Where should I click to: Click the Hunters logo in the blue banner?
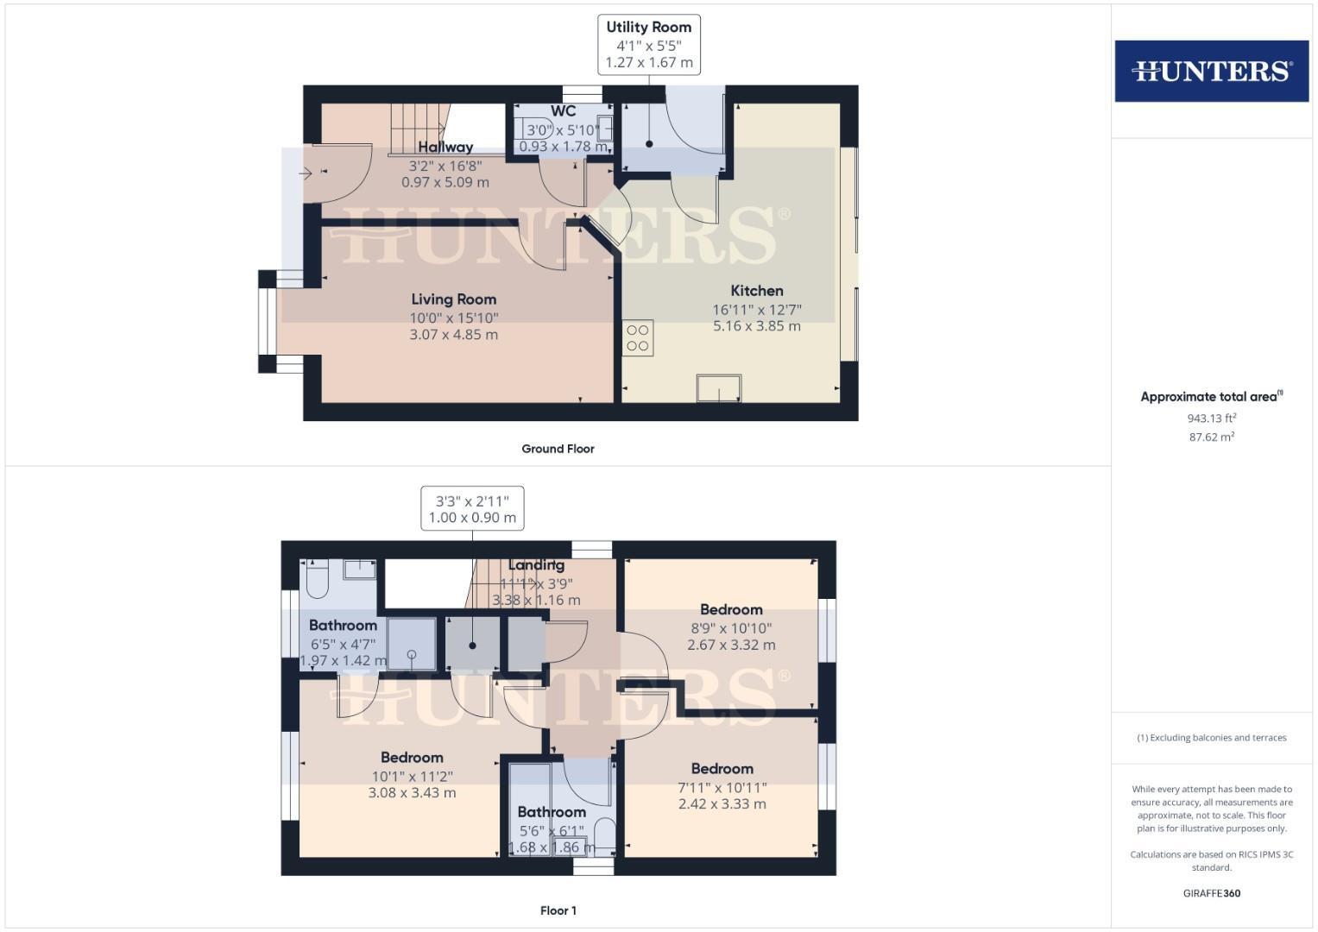(x=1211, y=71)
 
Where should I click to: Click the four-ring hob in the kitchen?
(x=638, y=337)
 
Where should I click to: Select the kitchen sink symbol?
(x=719, y=388)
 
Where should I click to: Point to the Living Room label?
(x=453, y=299)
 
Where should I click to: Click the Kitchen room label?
(x=757, y=291)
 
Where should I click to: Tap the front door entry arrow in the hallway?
(x=306, y=173)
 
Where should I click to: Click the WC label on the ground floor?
(x=563, y=111)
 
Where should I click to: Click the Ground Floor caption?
(x=558, y=449)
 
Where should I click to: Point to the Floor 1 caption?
(x=558, y=910)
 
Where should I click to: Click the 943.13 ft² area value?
(x=1211, y=419)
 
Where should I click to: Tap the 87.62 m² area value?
(x=1211, y=438)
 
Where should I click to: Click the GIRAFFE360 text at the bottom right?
(x=1211, y=893)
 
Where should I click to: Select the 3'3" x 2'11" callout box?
(x=472, y=508)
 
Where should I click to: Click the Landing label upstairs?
(x=536, y=565)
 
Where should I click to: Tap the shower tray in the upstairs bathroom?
(x=411, y=644)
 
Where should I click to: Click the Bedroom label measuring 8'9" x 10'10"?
(x=731, y=609)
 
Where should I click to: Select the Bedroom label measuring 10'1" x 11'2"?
(x=412, y=758)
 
